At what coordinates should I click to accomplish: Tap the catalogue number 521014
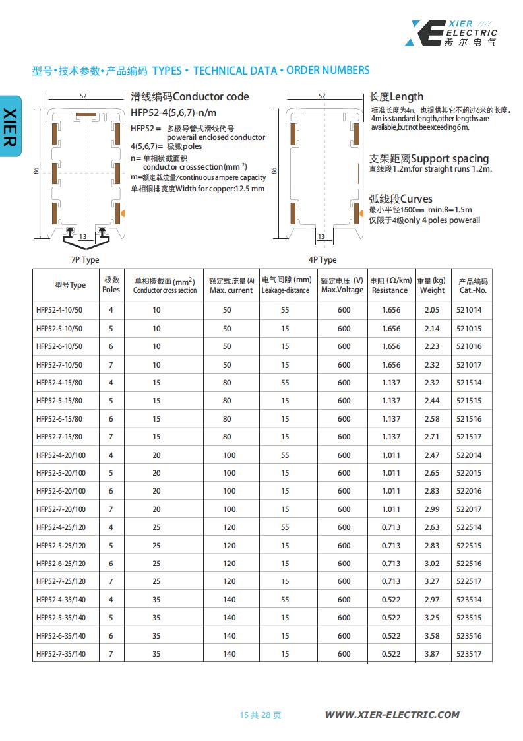(x=469, y=310)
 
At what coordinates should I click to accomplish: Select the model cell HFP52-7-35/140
(x=61, y=654)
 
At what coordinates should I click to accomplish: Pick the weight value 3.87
(x=432, y=654)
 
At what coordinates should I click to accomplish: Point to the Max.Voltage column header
(x=342, y=285)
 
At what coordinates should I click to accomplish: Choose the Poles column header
(x=111, y=285)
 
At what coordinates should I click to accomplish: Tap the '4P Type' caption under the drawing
(x=323, y=260)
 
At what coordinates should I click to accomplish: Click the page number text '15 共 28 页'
(x=261, y=715)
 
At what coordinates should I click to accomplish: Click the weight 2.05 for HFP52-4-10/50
(x=432, y=310)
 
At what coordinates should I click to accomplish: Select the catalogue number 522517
(x=469, y=581)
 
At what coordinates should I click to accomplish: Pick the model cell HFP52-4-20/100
(x=61, y=455)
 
